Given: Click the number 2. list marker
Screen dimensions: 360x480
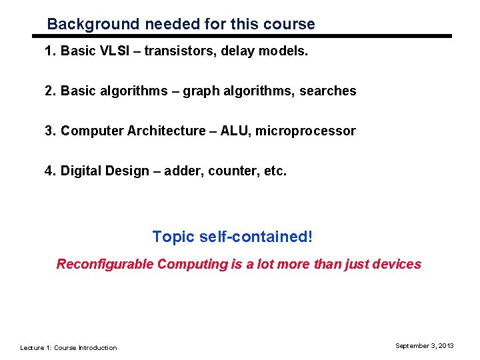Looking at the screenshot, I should tap(50, 91).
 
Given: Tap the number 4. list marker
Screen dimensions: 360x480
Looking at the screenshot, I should tap(50, 171).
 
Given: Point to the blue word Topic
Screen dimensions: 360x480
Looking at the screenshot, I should tap(173, 237).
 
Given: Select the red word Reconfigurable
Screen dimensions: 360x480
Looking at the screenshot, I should tap(105, 265).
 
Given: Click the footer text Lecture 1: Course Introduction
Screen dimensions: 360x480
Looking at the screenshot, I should tap(68, 347).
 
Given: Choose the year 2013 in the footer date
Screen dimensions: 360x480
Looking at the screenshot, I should tap(445, 345).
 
